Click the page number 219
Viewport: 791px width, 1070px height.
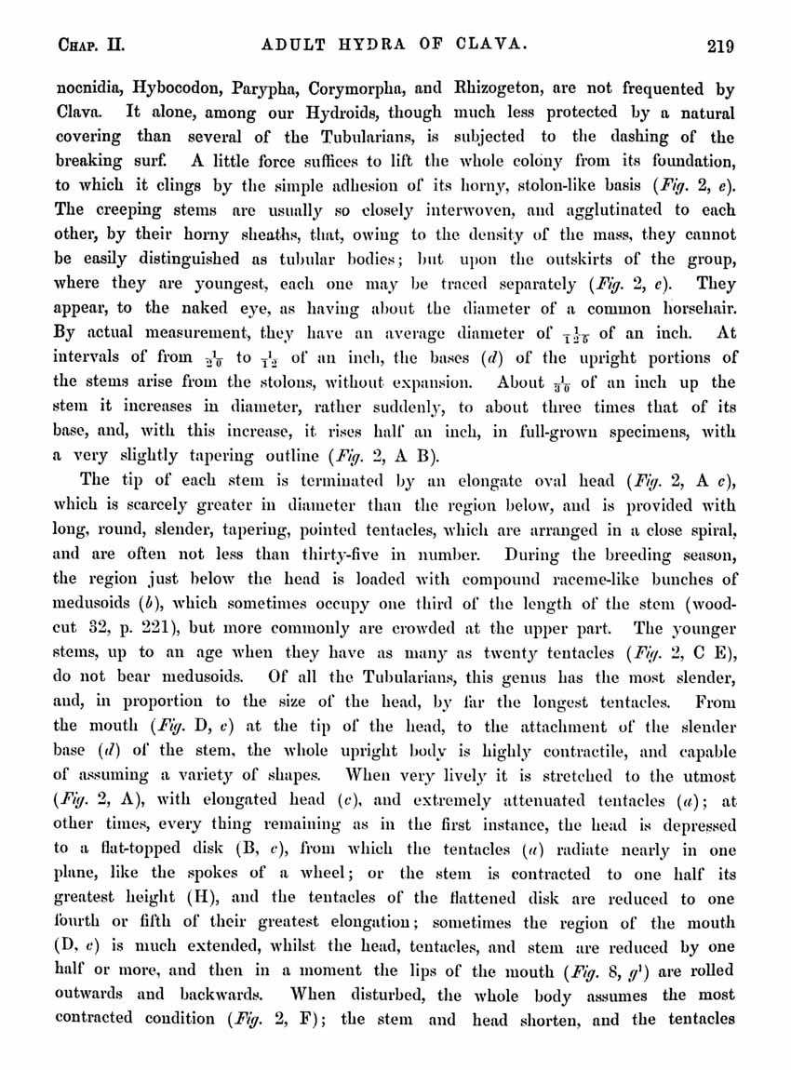tap(720, 44)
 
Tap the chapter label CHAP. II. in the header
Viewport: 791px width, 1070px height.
tap(86, 44)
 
